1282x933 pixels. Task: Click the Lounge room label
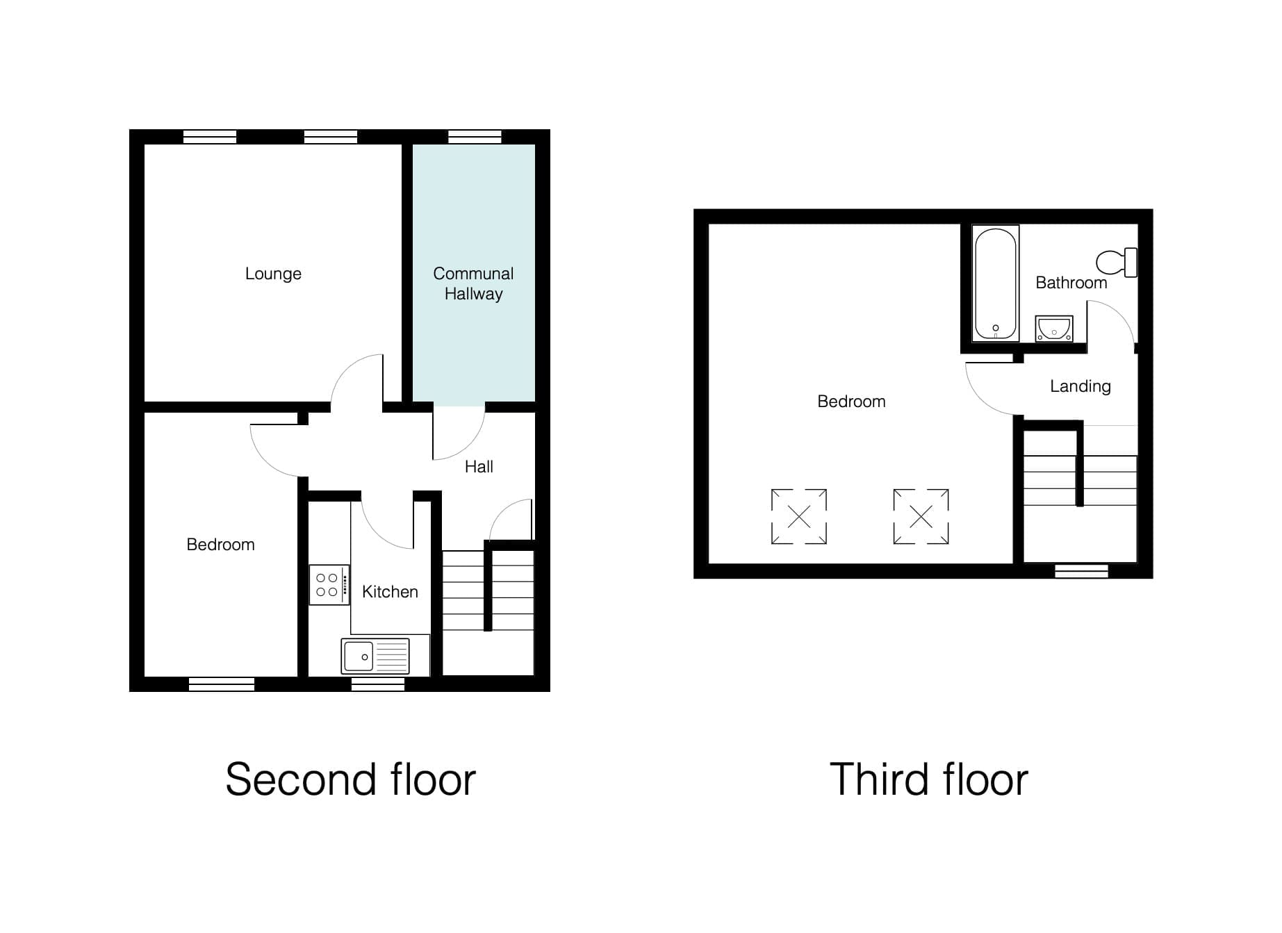[273, 274]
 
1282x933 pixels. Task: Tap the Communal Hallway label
[473, 283]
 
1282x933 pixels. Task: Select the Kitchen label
[390, 592]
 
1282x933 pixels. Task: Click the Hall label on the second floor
[479, 467]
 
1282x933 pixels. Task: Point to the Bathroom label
[1071, 283]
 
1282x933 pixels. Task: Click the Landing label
[1080, 386]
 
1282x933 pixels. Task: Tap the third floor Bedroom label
[851, 402]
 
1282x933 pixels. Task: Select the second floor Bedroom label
[220, 545]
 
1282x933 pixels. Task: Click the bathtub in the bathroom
[996, 283]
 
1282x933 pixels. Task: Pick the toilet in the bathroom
[1117, 263]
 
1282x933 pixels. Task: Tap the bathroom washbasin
[1054, 329]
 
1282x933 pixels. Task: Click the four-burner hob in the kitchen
[329, 584]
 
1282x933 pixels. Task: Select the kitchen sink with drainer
[375, 656]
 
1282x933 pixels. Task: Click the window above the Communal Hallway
[475, 137]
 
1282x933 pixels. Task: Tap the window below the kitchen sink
[378, 684]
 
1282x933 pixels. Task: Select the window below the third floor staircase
[1081, 571]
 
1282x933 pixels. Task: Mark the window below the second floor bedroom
[222, 684]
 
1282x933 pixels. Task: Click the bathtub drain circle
[996, 328]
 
